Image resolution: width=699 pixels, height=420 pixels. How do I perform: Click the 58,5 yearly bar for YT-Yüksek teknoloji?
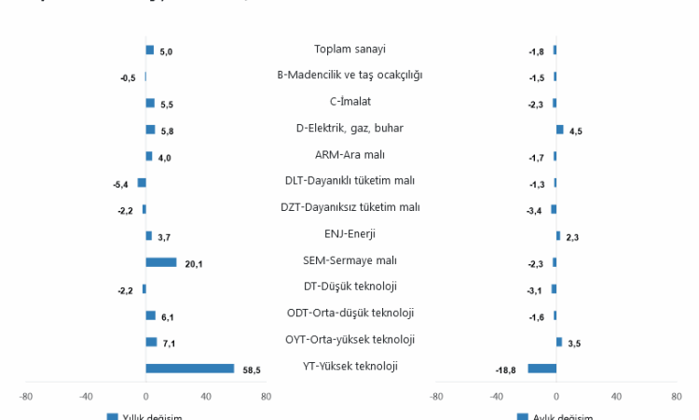click(x=190, y=369)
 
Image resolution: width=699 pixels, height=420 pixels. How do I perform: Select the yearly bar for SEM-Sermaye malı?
click(x=160, y=262)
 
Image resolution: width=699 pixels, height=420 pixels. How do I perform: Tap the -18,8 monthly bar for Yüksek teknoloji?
click(x=541, y=369)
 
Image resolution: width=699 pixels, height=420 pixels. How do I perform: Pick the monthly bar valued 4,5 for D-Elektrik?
click(x=559, y=130)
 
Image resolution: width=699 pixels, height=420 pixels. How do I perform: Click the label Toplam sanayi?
click(x=349, y=49)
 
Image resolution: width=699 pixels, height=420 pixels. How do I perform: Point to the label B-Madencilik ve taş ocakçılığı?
click(x=349, y=75)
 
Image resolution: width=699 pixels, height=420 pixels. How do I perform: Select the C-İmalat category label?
click(x=349, y=101)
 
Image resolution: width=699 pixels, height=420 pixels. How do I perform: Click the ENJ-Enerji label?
click(x=349, y=233)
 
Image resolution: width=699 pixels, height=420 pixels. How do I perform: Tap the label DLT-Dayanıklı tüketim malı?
click(x=349, y=181)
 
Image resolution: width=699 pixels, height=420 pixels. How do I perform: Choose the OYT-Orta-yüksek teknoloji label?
click(x=349, y=339)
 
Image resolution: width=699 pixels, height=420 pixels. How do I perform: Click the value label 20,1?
click(x=194, y=264)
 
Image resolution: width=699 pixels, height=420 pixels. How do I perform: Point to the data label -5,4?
click(x=120, y=184)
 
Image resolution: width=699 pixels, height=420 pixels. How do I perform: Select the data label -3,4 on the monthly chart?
click(x=535, y=211)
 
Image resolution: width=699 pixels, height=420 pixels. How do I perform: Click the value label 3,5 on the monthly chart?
click(x=574, y=344)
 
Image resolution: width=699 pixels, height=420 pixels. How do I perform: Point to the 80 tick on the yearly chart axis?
click(x=266, y=396)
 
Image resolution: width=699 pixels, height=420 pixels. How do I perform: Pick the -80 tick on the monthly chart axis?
click(x=436, y=396)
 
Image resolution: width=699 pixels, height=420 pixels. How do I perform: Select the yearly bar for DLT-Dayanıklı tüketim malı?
click(x=142, y=182)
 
